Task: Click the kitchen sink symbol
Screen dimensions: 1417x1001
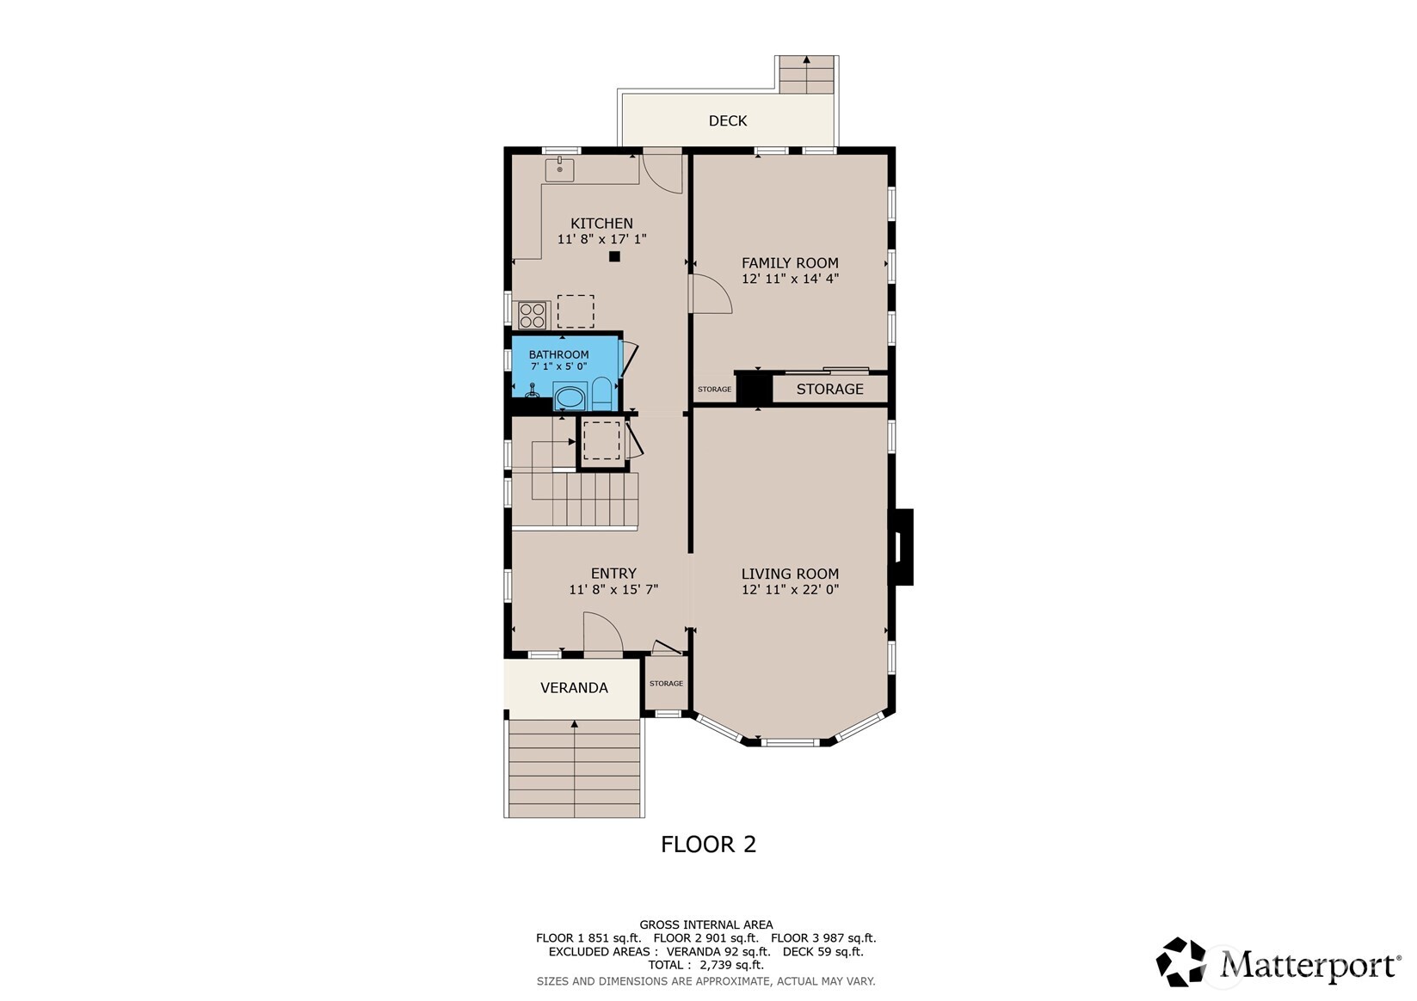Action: coord(560,169)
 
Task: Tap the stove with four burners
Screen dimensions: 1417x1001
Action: coord(532,315)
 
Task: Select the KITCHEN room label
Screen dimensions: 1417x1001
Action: coord(601,224)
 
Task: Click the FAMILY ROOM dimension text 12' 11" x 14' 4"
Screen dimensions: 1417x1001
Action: coord(790,279)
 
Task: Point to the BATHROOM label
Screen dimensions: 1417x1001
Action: coord(558,355)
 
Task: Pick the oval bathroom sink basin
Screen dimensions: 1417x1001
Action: coord(570,398)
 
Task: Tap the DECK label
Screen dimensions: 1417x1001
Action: coord(728,120)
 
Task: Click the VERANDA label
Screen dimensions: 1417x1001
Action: coord(574,687)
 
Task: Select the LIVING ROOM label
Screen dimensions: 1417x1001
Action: coord(790,574)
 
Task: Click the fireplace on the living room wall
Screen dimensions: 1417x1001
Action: coord(901,547)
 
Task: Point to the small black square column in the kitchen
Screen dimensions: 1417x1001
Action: coord(614,257)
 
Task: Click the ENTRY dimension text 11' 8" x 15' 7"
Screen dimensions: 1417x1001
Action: coord(613,589)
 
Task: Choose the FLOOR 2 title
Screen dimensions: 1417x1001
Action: coord(709,844)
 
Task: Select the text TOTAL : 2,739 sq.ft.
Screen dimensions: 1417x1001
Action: coord(706,965)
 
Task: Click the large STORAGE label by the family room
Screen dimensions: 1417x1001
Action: coord(829,389)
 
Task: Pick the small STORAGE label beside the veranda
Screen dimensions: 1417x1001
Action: coord(666,683)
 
